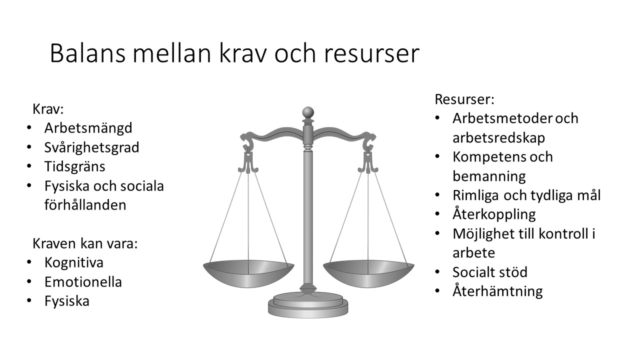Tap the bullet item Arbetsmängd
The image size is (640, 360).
(88, 128)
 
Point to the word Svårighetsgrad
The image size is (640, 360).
(92, 147)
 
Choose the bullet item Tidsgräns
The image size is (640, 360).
(75, 166)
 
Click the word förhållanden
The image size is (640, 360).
(85, 205)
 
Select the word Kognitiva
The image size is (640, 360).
(74, 262)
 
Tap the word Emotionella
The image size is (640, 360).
(83, 281)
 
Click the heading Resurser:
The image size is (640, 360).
(464, 99)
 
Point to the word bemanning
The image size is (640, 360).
(489, 176)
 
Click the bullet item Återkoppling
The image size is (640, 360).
(494, 214)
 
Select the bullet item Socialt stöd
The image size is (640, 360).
(490, 272)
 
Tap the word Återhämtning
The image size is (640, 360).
(497, 291)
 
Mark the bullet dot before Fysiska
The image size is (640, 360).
(30, 301)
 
